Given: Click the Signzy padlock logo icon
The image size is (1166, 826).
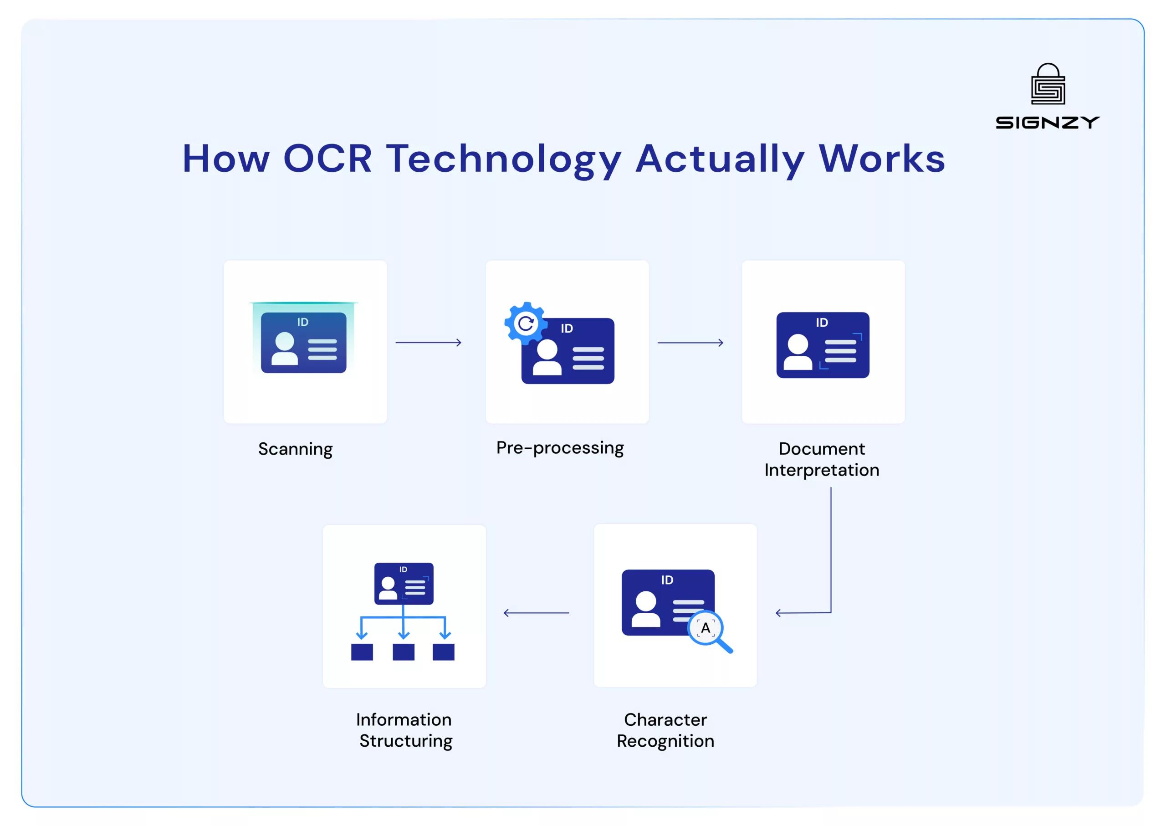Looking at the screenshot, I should tap(1048, 84).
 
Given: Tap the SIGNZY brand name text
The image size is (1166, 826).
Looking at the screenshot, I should tap(1048, 123).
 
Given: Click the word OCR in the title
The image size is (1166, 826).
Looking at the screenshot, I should tap(327, 159).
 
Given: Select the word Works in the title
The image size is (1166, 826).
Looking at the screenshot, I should tap(881, 159).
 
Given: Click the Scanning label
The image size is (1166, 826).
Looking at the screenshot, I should tap(295, 449).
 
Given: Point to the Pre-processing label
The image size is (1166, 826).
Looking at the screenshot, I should tap(560, 448).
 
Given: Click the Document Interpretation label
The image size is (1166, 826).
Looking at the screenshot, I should tap(822, 459).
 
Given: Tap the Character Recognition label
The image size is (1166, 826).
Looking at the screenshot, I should tap(665, 730).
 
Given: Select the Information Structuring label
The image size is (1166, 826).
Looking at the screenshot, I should tap(405, 730).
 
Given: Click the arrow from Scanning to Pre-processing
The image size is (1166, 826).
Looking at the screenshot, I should tap(428, 343).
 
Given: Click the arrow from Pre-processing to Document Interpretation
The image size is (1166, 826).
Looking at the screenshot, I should tap(690, 343).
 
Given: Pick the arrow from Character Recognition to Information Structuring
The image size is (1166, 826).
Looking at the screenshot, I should tap(536, 613).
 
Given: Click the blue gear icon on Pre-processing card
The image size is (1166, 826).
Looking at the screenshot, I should tap(525, 323).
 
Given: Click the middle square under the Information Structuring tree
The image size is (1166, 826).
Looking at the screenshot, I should tap(403, 652).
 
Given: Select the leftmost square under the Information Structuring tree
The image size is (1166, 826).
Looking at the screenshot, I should tap(362, 652).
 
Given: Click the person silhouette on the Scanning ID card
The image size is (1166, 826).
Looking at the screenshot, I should tap(284, 349).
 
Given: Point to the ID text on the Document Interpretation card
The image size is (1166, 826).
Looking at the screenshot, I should tap(822, 323).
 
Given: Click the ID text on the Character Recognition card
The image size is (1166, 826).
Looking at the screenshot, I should tap(667, 580).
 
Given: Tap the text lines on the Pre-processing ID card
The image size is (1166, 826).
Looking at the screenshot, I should tap(588, 359).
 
